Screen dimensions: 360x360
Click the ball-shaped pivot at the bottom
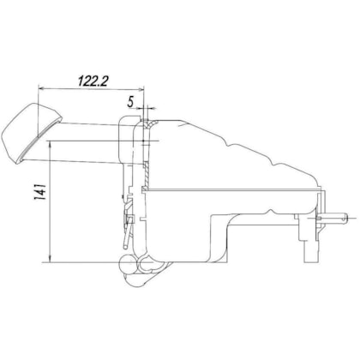coord(131,267)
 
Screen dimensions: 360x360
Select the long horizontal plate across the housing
coord(231,188)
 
